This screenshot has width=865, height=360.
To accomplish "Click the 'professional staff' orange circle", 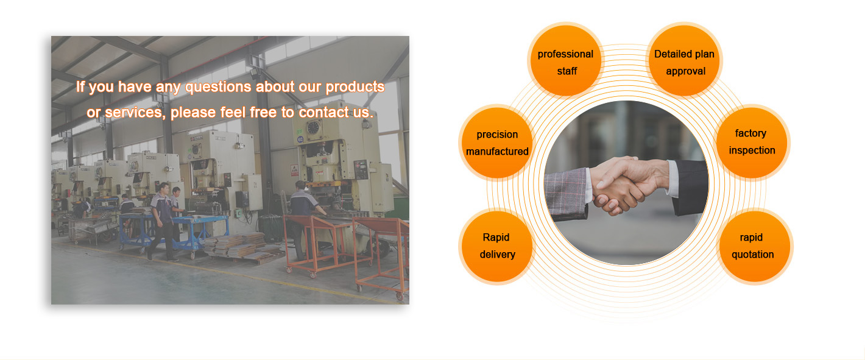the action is (566, 60).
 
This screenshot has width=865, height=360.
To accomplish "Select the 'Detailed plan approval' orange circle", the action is (684, 60).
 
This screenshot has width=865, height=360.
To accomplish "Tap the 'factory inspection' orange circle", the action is (752, 143).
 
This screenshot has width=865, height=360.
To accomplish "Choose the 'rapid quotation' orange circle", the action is (755, 247).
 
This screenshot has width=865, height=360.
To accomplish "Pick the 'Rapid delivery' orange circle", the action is (497, 247).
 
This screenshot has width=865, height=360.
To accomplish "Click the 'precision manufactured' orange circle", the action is (497, 143).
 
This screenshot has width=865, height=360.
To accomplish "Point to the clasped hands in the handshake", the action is (625, 183).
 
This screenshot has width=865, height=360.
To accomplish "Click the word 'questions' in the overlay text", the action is (219, 88).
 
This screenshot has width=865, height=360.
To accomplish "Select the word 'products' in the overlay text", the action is (355, 88).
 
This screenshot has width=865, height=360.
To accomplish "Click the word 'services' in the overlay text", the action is (133, 113).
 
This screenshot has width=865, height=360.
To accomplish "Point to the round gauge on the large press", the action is (313, 127).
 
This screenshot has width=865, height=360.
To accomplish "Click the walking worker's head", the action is (164, 188).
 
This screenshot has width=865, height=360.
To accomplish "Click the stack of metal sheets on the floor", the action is (241, 246).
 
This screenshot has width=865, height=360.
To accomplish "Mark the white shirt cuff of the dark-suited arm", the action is (673, 179).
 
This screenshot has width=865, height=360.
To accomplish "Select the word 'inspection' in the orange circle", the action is (752, 150).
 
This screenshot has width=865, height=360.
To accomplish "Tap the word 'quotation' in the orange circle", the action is (753, 255).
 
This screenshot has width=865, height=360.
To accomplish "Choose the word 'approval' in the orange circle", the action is (685, 71).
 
